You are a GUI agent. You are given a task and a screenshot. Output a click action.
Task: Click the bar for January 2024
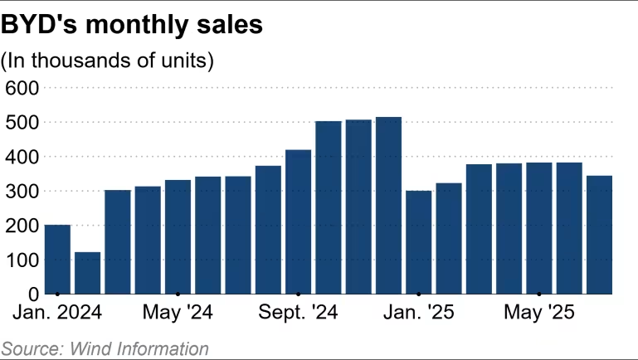(57, 260)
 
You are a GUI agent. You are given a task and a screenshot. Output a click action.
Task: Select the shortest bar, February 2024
(87, 274)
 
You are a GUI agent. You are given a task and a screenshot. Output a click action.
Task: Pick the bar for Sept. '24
(298, 222)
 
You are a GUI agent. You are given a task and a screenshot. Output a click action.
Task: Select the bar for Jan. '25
(418, 242)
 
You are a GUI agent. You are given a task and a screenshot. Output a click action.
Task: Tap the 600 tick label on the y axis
(22, 87)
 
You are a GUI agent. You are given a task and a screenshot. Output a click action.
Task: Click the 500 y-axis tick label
(22, 122)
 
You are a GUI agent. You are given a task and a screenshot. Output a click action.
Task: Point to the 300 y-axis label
(22, 191)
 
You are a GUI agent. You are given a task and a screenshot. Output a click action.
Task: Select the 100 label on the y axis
(22, 260)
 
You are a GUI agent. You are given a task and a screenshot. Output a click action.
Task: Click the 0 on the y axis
(33, 294)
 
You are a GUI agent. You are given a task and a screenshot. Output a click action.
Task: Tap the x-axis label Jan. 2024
(57, 314)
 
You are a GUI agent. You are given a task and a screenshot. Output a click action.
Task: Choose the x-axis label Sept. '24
(298, 314)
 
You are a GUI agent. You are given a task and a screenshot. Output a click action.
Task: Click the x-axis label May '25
(538, 314)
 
